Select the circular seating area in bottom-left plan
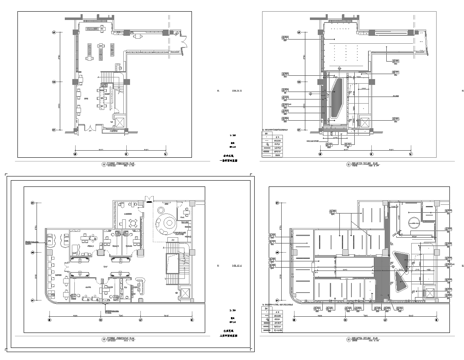[x=165, y=217]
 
